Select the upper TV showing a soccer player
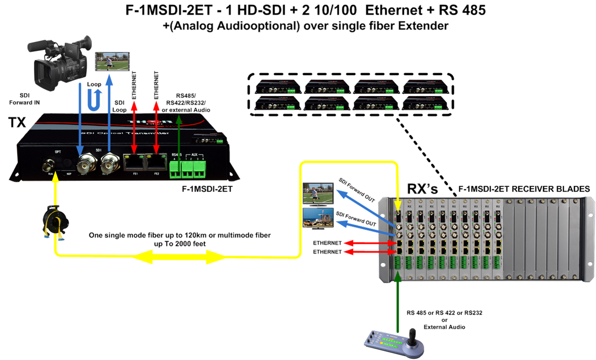317,195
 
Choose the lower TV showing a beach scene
318,218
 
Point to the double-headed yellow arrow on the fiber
179,256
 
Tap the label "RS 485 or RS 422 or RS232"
444,313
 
